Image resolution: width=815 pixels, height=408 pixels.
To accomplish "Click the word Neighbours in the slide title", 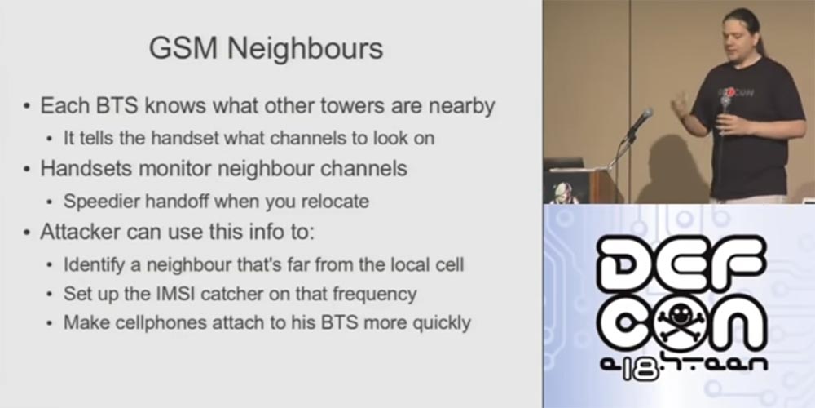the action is tap(305, 48).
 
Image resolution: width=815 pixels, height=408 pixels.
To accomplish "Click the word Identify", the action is tap(95, 264).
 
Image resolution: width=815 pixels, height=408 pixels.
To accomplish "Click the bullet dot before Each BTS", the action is tap(27, 107).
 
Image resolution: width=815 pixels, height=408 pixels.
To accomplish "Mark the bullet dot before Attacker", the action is tap(27, 233).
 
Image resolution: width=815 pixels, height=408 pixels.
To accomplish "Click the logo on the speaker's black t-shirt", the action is tap(735, 92).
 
